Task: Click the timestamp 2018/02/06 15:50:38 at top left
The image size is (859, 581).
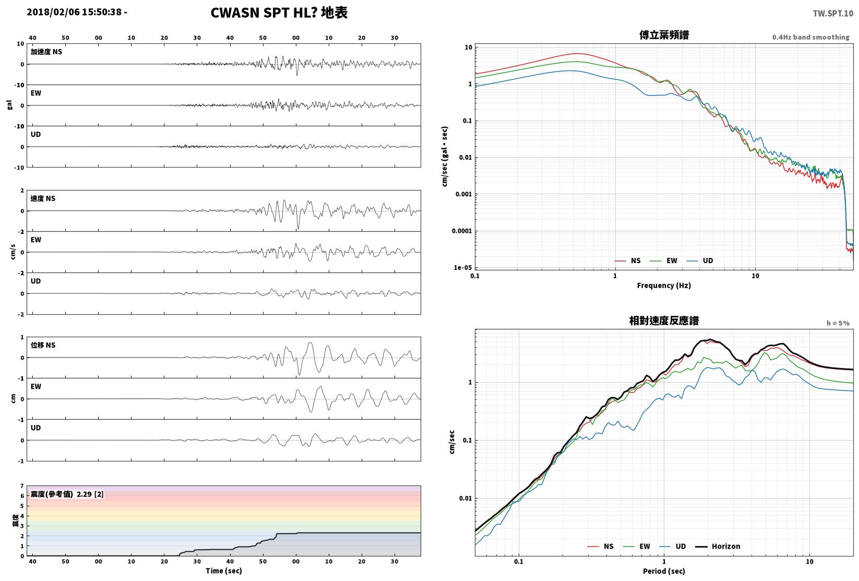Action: click(74, 12)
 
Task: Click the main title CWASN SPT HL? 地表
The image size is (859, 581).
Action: click(279, 13)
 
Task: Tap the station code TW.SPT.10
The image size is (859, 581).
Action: click(833, 14)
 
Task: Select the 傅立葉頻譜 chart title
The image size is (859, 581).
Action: click(664, 35)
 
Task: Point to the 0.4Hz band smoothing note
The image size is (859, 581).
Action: click(810, 37)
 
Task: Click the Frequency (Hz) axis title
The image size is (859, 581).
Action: click(664, 286)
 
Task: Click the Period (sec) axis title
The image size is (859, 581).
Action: click(664, 571)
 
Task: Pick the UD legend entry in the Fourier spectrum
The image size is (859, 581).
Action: click(700, 261)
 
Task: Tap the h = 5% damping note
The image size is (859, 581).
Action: click(838, 323)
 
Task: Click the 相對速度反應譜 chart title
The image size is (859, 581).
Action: click(664, 321)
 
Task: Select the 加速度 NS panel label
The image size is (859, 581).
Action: click(46, 52)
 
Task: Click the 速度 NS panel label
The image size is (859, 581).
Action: click(43, 199)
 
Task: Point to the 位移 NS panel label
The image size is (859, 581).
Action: click(43, 345)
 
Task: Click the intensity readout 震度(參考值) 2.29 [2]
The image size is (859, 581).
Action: click(67, 494)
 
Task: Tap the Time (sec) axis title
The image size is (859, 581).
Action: click(224, 571)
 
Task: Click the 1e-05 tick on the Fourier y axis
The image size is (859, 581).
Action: click(463, 268)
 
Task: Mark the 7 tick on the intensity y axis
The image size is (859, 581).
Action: click(22, 487)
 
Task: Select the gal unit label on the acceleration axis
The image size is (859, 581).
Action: click(9, 105)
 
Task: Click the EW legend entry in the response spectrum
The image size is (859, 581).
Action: click(637, 546)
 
